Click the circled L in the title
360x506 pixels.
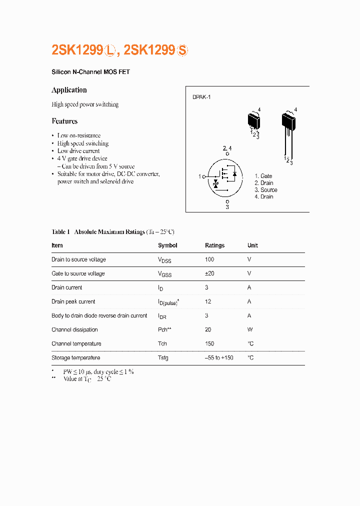[x=110, y=50]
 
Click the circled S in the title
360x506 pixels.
[x=183, y=50]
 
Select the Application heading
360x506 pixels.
[x=69, y=90]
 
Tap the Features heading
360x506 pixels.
[x=64, y=121]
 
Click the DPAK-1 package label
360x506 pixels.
[x=201, y=97]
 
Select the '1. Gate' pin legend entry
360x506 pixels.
[x=263, y=176]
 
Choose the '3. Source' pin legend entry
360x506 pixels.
[x=266, y=190]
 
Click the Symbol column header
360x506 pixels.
[x=167, y=245]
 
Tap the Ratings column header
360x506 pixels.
[x=214, y=245]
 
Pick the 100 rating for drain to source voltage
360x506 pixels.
[x=209, y=259]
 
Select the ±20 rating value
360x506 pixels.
[x=209, y=273]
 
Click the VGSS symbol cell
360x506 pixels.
[x=164, y=274]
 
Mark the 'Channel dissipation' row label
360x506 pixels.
[x=74, y=329]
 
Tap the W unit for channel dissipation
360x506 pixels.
[x=249, y=329]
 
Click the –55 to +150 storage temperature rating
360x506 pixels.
[x=219, y=357]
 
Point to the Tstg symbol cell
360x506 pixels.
[x=163, y=357]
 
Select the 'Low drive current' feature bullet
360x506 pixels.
[x=78, y=151]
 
